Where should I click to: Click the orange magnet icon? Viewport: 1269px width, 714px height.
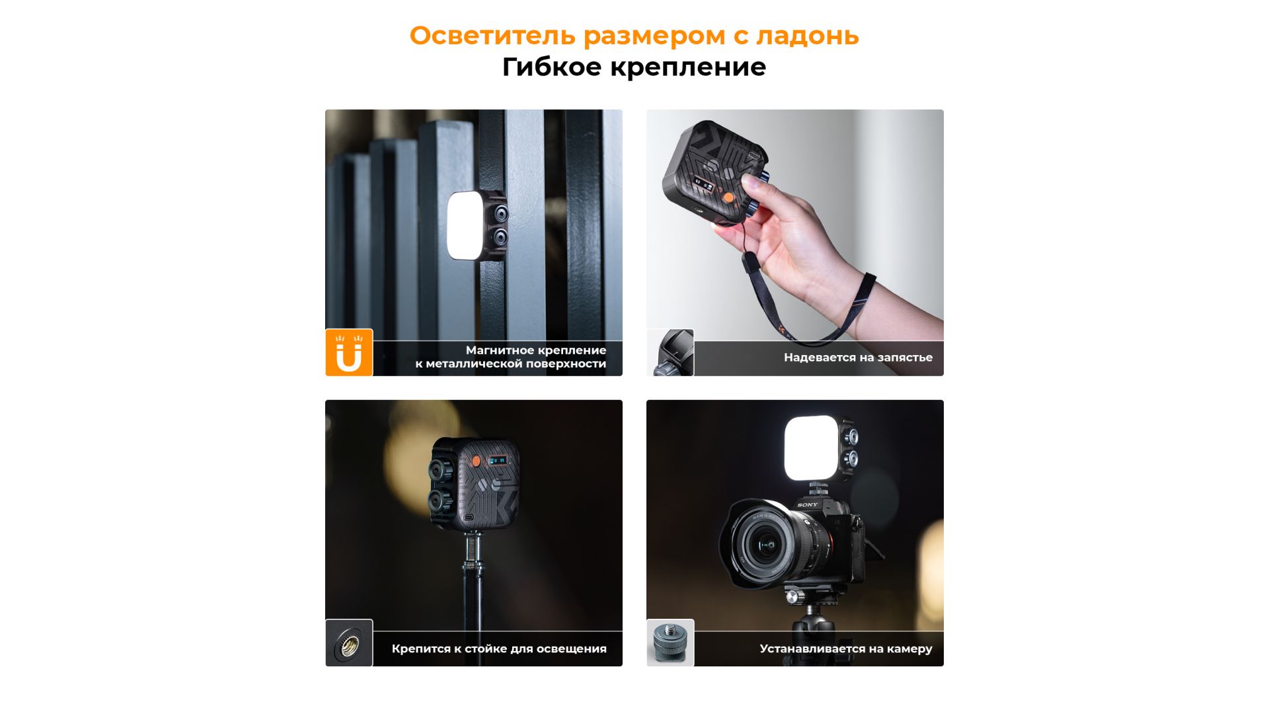click(x=349, y=352)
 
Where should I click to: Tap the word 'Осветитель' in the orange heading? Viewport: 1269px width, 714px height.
click(x=492, y=36)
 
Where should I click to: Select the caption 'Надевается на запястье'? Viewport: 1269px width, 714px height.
click(x=858, y=358)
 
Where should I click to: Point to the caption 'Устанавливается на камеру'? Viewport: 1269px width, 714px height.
click(x=846, y=649)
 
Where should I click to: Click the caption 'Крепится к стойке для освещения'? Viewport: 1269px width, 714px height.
click(x=499, y=649)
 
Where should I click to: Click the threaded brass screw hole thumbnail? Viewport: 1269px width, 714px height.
click(x=349, y=643)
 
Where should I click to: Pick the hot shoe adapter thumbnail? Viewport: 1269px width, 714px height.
click(x=670, y=643)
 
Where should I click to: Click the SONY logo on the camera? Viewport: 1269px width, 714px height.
click(x=807, y=505)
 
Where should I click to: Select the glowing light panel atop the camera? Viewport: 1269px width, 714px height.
click(x=811, y=448)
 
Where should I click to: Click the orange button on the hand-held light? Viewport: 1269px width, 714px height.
click(x=728, y=198)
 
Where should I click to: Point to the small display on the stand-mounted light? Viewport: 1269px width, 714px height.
click(x=498, y=460)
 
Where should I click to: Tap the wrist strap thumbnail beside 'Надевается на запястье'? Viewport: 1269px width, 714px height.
click(x=670, y=352)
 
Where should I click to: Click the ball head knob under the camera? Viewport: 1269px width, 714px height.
click(x=792, y=597)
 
